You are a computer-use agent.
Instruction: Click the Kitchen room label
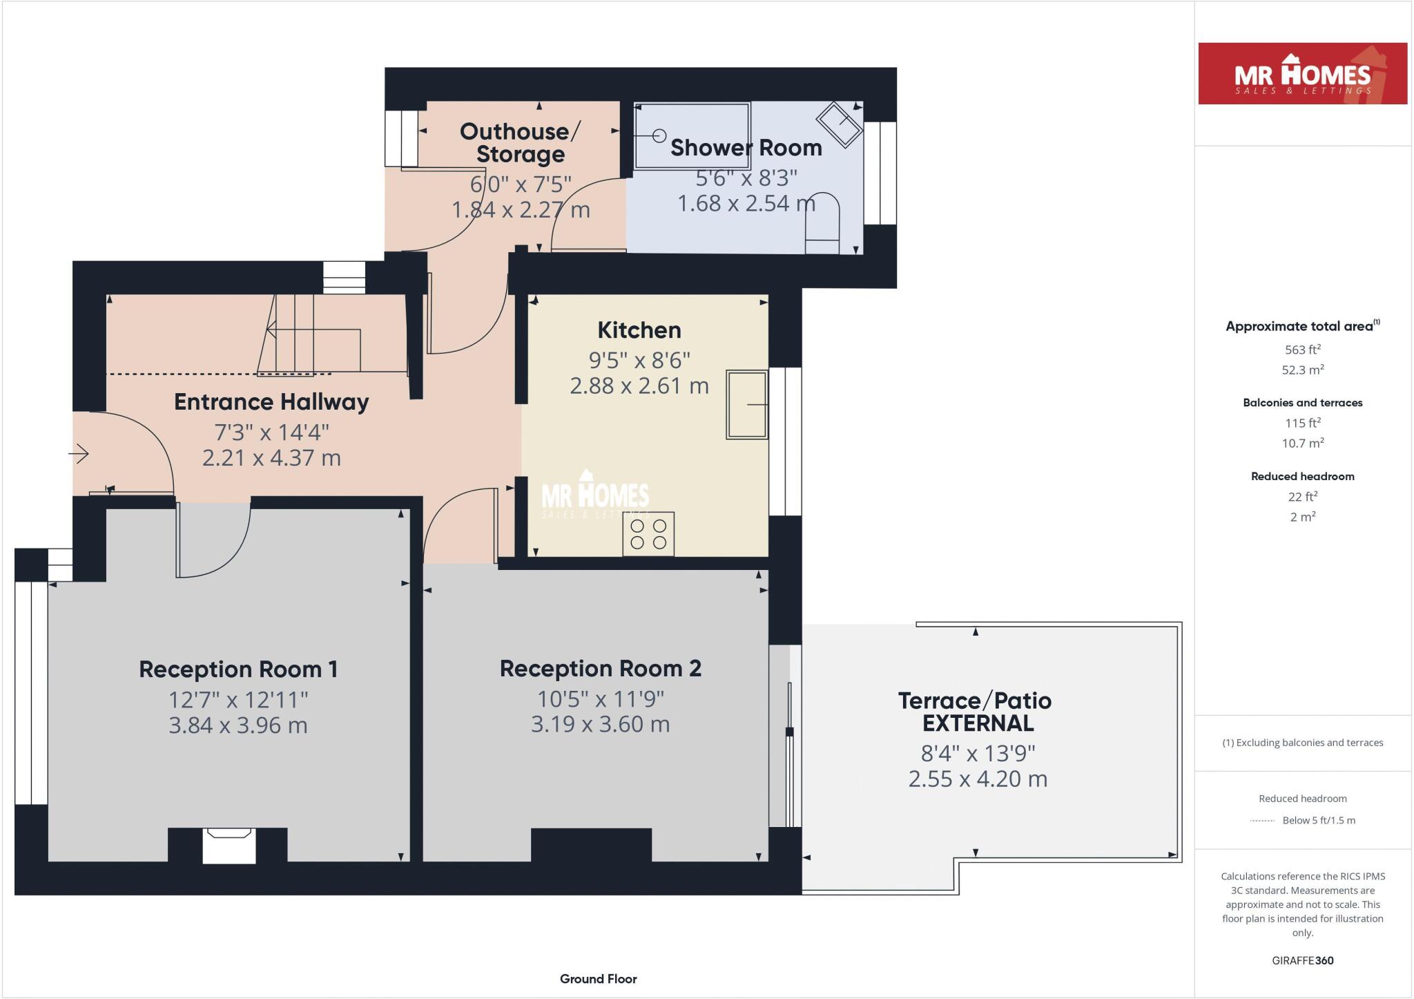pos(639,330)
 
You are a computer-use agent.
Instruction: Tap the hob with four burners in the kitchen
pos(648,534)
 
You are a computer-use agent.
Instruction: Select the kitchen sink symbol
pos(747,405)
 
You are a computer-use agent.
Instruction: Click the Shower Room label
pos(746,148)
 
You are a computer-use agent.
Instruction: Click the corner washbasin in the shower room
pos(840,124)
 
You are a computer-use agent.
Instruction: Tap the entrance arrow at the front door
pos(79,454)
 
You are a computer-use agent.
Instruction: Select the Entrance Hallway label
pos(271,402)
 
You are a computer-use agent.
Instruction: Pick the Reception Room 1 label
pos(238,669)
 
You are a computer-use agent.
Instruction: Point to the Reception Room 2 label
pos(601,669)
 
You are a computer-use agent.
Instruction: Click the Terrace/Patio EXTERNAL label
pos(975,712)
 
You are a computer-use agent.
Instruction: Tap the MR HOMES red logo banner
pos(1303,74)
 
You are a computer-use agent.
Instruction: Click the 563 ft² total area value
pos(1303,350)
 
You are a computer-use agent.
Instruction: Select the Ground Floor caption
pos(599,979)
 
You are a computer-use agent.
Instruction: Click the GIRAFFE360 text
pos(1303,960)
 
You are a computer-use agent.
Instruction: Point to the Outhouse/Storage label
pos(521,142)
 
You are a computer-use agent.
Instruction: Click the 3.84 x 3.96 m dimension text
pos(238,725)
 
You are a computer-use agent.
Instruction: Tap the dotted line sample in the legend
pos(1262,821)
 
